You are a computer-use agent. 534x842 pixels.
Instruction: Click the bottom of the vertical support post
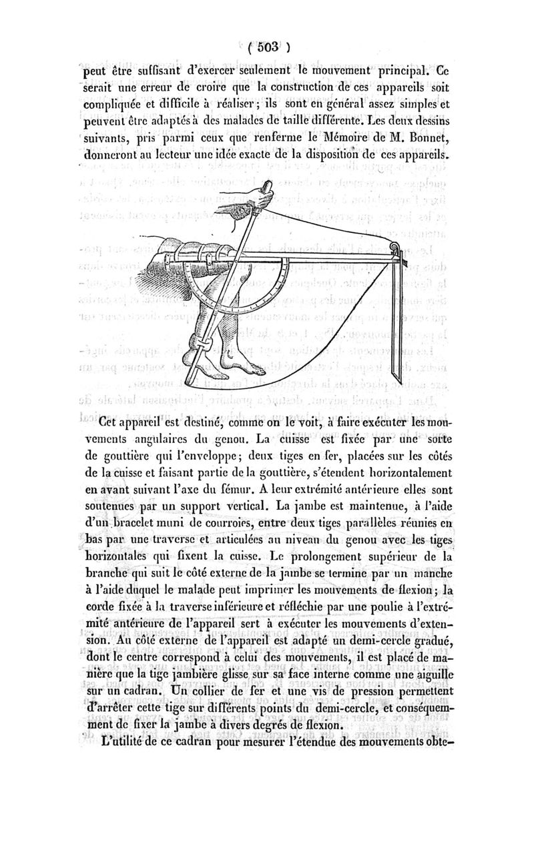[x=397, y=380]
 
